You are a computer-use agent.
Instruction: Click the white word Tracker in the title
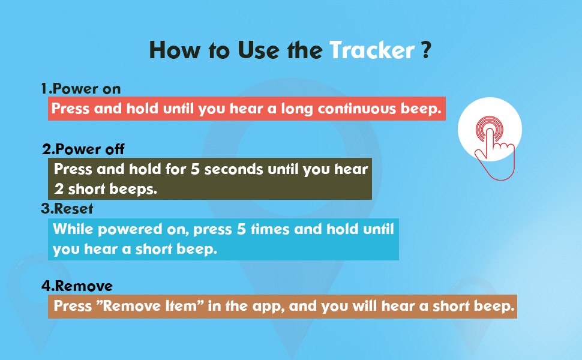[x=372, y=50]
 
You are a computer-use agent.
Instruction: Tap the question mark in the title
[x=426, y=50]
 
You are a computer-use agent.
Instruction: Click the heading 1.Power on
[x=81, y=89]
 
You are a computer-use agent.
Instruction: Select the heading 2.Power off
[x=83, y=149]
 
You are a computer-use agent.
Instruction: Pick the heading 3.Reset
[x=67, y=209]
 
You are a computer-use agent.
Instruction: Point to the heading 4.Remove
[x=77, y=286]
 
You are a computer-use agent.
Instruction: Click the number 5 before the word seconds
[x=195, y=169]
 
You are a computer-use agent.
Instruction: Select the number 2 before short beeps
[x=59, y=189]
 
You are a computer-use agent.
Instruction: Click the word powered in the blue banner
[x=130, y=229]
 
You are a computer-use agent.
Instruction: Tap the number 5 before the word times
[x=241, y=229]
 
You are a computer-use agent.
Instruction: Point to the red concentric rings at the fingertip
[x=489, y=128]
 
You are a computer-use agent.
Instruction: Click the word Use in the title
[x=258, y=50]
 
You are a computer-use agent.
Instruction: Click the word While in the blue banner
[x=73, y=229]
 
